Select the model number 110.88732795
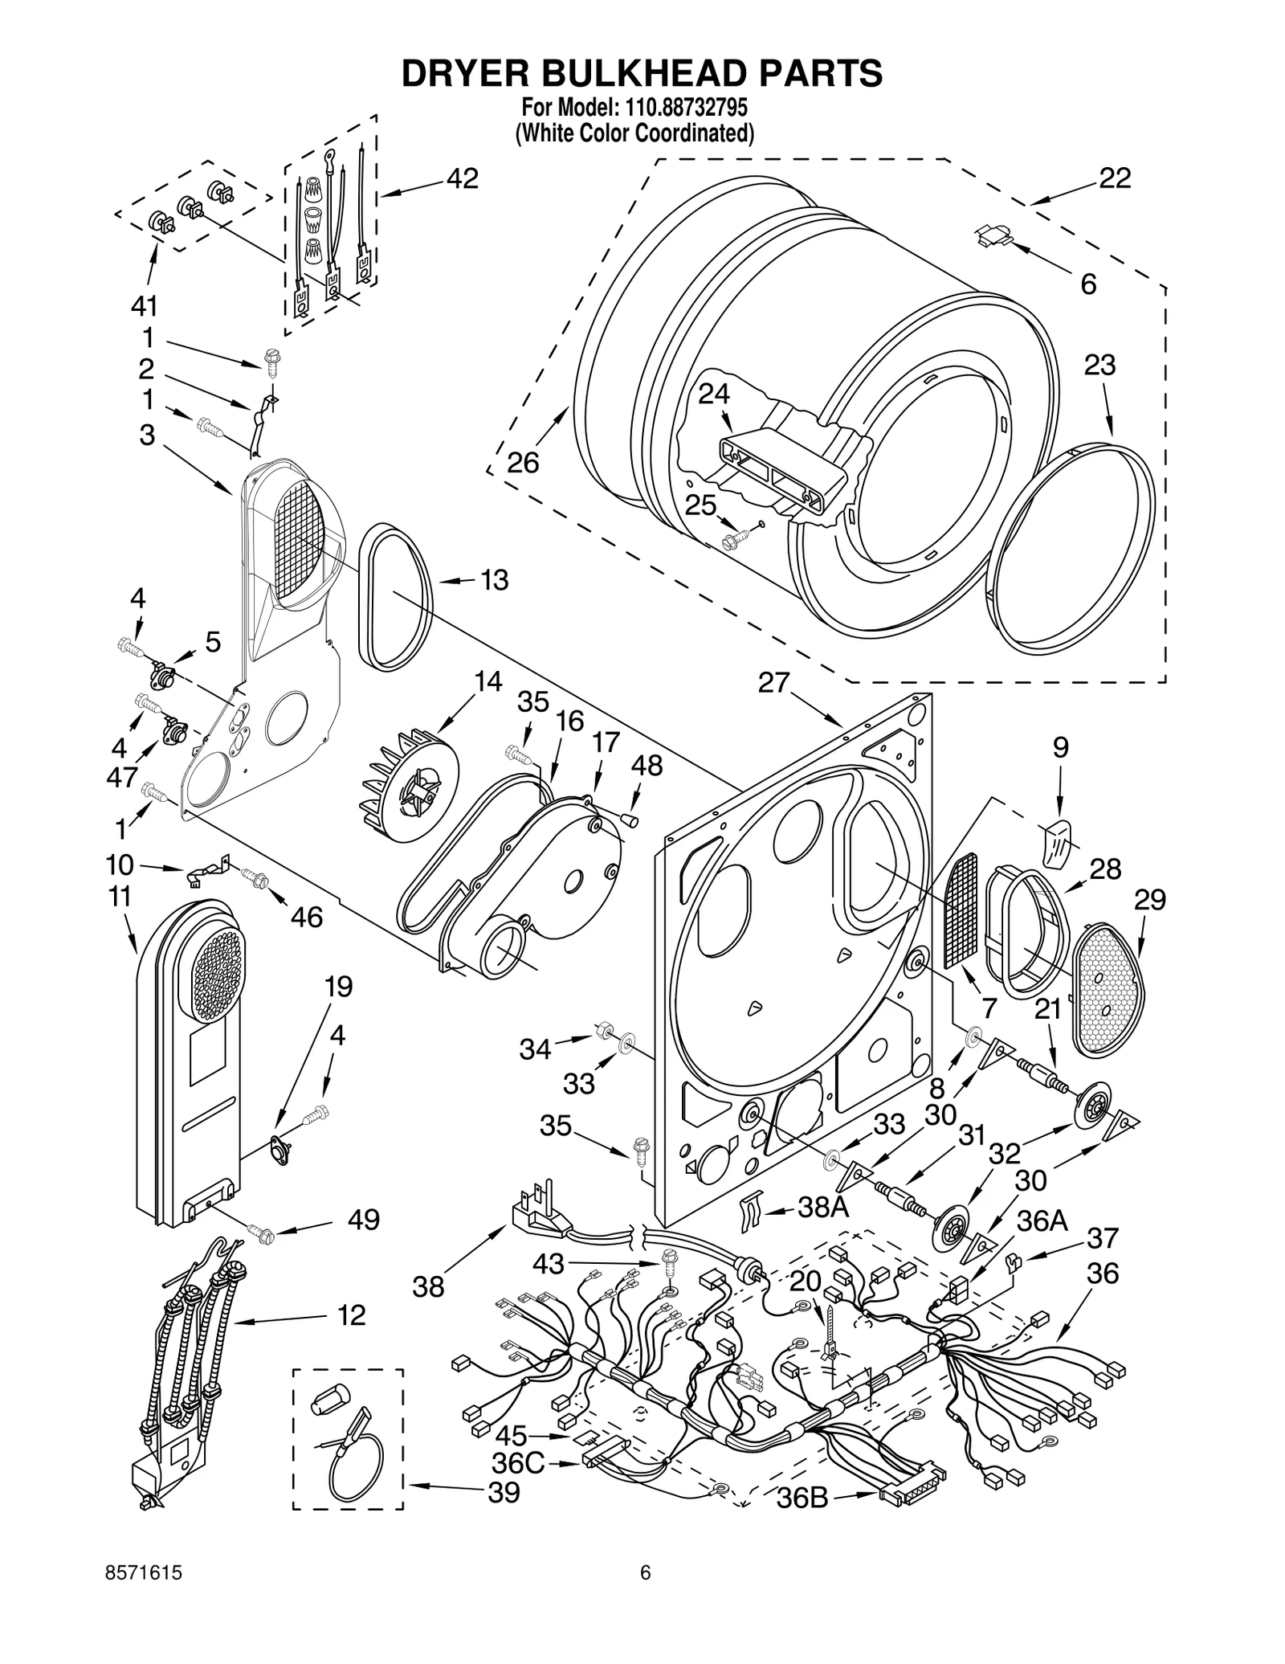[x=686, y=108]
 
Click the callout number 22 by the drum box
[x=1114, y=178]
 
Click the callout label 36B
[x=802, y=1499]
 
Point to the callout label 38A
[x=822, y=1207]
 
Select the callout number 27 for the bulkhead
[x=775, y=683]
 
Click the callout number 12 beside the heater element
[x=352, y=1315]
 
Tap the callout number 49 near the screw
[x=363, y=1220]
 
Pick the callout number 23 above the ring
[x=1099, y=366]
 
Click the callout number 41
[x=145, y=306]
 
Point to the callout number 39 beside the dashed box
[x=504, y=1493]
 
